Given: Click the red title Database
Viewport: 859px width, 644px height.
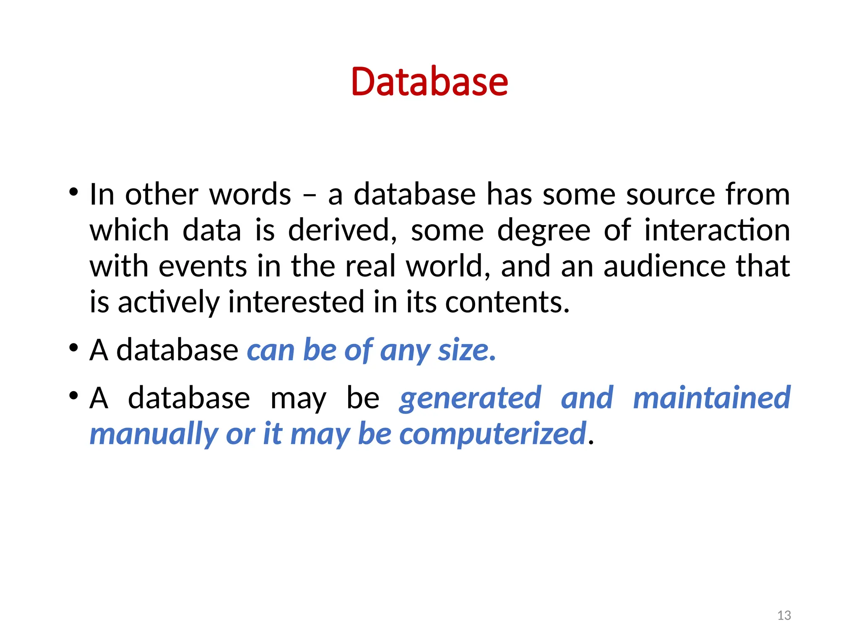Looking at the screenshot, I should (429, 82).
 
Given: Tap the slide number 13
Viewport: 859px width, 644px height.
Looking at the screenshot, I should (784, 615).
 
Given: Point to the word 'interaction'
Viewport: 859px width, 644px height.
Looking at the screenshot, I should (717, 231).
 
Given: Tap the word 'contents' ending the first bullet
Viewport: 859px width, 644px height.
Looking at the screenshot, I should (507, 302).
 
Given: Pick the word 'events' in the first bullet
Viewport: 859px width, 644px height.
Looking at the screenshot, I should (203, 267).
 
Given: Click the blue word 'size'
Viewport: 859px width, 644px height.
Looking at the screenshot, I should (466, 350).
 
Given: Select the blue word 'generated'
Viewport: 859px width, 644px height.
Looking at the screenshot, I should (470, 398).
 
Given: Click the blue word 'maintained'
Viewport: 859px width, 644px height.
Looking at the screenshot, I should (711, 398).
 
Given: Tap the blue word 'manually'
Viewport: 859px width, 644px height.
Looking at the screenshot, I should (154, 434).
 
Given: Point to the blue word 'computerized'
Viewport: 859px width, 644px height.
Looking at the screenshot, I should (492, 434).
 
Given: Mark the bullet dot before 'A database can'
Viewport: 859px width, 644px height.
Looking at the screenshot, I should (74, 348).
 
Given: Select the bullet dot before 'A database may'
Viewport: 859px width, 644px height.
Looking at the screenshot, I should (74, 396).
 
